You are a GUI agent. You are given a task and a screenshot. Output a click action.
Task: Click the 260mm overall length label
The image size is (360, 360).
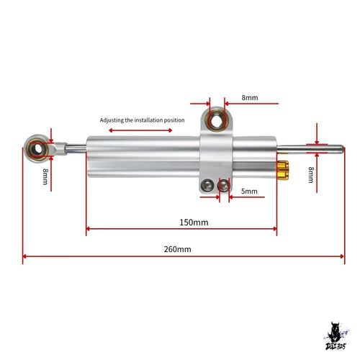(178, 249)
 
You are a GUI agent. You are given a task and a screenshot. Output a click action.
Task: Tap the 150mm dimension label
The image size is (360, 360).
(194, 222)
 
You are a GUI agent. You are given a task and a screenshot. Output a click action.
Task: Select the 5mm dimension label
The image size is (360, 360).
(249, 192)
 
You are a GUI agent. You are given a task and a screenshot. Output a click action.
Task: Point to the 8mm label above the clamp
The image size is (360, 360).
(250, 98)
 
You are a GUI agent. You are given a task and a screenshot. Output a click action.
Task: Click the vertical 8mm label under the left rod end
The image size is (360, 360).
(45, 176)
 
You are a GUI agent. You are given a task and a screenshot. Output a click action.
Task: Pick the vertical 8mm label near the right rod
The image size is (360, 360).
(311, 175)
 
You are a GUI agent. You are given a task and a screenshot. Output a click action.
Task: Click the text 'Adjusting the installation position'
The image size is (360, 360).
(142, 120)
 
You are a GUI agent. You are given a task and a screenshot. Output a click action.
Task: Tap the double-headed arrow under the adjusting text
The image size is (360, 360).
(140, 130)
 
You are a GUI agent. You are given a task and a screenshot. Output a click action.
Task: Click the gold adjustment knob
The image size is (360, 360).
(283, 170)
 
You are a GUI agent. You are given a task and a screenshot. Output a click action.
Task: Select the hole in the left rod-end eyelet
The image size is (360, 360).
(37, 149)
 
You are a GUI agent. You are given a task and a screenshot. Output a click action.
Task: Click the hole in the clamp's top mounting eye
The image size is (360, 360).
(217, 121)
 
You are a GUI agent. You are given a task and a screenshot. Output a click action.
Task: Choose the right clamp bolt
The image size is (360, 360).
(223, 185)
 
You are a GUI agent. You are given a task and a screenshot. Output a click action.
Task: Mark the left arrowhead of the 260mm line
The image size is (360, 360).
(24, 256)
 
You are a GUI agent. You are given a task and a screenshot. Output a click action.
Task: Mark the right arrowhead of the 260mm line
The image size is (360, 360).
(343, 256)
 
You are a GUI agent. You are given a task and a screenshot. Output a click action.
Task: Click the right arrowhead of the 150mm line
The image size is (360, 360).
(275, 229)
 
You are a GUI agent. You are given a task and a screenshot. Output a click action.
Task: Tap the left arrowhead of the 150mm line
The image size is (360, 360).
(88, 229)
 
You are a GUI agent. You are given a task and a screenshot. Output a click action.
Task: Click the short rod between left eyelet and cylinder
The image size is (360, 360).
(76, 148)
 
